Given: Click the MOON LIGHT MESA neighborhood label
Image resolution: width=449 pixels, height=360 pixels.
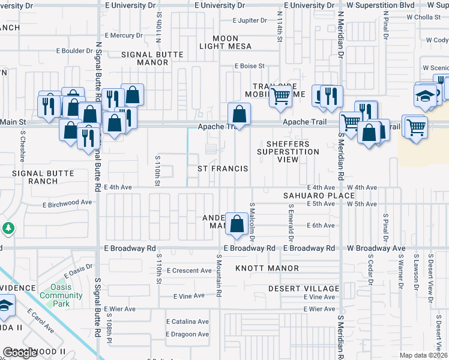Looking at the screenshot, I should point(225,43).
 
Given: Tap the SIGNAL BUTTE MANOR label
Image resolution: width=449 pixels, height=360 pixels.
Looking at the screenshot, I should point(152,58).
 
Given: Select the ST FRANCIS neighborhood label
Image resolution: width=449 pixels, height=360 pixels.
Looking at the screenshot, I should point(223,169).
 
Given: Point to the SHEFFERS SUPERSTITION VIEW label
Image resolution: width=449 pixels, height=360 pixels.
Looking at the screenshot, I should point(288,152).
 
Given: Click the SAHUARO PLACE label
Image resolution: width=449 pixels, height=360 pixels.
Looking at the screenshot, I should point(319,196).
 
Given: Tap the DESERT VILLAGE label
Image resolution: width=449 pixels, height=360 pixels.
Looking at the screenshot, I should point(300,288).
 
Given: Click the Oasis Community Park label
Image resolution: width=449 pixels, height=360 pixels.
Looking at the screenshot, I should point(55,295).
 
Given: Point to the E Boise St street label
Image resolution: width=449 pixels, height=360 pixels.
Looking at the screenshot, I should point(250,66).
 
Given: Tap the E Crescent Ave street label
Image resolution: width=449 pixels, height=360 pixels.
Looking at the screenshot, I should point(189,271).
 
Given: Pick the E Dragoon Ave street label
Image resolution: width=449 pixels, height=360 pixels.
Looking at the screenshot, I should point(187,334).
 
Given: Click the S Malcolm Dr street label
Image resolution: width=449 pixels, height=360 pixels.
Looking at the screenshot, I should point(253,221).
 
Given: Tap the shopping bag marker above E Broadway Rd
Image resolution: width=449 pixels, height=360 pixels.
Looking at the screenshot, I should point(238,223).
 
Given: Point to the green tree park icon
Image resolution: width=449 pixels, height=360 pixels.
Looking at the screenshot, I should point(8,228).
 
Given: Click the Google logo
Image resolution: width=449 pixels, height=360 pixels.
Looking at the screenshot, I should point(19,353).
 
